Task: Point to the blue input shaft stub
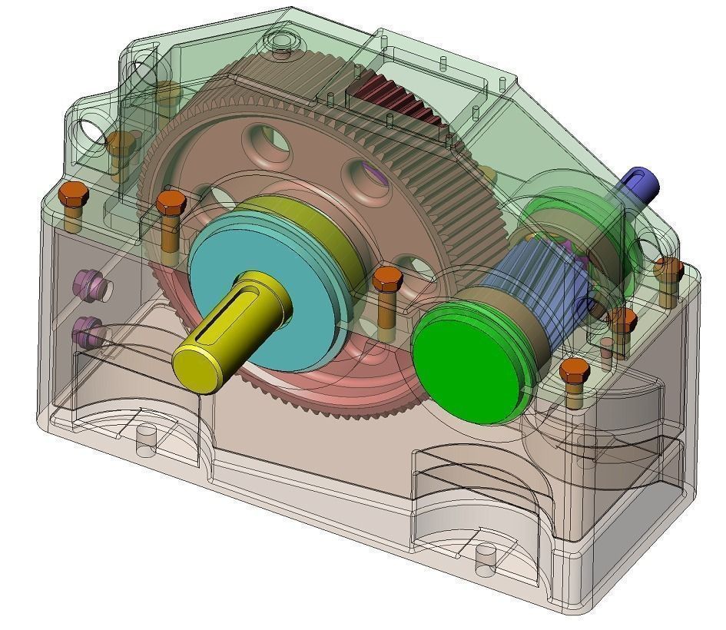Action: pyautogui.click(x=642, y=183)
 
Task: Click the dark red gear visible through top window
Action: pyautogui.click(x=399, y=99)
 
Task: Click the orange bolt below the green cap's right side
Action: pyautogui.click(x=574, y=372)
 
